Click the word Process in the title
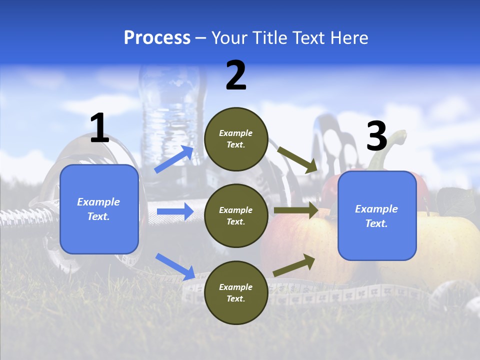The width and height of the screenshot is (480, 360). (157, 38)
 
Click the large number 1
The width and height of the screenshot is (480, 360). (99, 128)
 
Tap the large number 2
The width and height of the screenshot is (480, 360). (236, 75)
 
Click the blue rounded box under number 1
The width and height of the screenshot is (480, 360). (99, 209)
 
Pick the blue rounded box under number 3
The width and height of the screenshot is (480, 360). (377, 215)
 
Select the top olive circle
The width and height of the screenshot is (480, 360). (236, 139)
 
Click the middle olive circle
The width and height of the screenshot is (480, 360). (236, 215)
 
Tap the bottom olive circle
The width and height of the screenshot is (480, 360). (236, 292)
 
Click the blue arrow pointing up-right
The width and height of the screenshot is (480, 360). (174, 159)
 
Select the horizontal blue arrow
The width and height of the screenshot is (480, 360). (175, 211)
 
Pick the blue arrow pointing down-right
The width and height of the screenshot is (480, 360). (175, 266)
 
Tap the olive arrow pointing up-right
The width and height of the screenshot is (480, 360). (294, 265)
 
